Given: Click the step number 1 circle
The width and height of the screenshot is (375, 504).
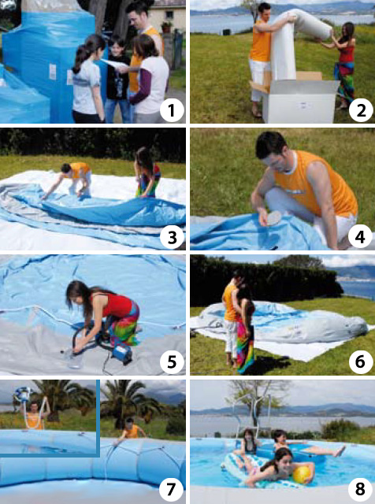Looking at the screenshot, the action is coord(172,111).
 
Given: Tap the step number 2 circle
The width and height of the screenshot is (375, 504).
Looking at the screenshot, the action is coord(361,111).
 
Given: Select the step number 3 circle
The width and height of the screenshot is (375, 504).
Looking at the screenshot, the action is coord(172,238).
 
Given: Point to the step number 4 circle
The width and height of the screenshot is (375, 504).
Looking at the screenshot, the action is coord(360,238).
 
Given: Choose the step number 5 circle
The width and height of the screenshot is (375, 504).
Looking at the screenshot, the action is coord(172,362).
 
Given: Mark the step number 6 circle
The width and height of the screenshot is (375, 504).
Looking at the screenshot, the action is coord(360,362).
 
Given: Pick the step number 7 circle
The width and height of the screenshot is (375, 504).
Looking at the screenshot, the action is coord(171,488).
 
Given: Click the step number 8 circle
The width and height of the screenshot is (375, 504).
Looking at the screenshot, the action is coord(360,488).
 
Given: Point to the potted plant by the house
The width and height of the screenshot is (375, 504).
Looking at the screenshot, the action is coord(166,27).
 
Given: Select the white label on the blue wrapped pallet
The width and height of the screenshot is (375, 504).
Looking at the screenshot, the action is coord(53,72).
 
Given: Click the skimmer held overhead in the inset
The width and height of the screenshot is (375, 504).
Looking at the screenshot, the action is coord(23,394).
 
